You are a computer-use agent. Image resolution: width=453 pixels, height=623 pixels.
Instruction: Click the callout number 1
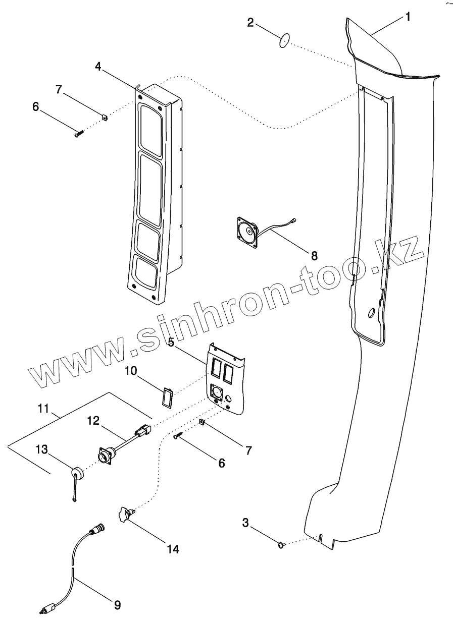(x=408, y=17)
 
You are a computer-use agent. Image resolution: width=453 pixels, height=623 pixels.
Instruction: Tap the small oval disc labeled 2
(x=285, y=40)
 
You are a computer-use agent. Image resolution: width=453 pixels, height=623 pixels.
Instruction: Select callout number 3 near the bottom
(x=245, y=523)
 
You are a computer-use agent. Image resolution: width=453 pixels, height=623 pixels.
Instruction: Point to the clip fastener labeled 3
(x=282, y=545)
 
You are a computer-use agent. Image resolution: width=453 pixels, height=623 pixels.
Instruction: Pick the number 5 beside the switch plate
(x=171, y=343)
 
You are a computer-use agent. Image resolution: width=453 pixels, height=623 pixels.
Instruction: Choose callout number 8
(x=314, y=255)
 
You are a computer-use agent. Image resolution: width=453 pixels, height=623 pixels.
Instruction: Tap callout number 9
(x=117, y=604)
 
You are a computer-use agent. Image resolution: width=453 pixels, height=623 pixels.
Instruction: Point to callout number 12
(x=94, y=420)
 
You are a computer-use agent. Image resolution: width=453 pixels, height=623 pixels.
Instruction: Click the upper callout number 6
(x=35, y=107)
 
